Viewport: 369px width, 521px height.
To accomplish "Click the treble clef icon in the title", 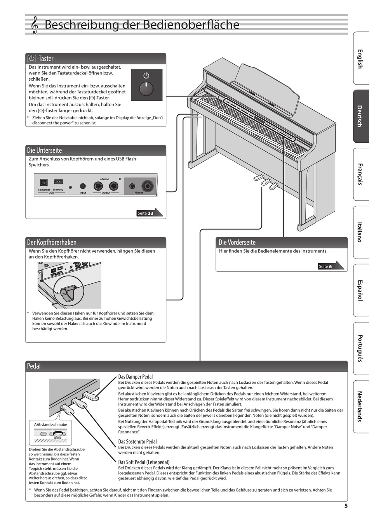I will pyautogui.click(x=35, y=25).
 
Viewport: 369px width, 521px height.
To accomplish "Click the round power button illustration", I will pyautogui.click(x=146, y=88).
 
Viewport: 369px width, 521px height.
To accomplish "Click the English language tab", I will pyautogui.click(x=360, y=59).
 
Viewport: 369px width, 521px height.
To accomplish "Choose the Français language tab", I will pyautogui.click(x=360, y=174).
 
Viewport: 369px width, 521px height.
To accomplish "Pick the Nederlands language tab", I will pyautogui.click(x=360, y=406).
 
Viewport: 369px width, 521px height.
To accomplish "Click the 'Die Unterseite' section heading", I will pyautogui.click(x=44, y=150).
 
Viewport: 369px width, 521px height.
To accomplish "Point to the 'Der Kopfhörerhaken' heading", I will pyautogui.click(x=52, y=242).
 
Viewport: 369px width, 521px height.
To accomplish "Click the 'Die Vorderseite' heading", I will pyautogui.click(x=237, y=242).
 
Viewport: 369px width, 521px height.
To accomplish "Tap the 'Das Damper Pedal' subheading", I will pyautogui.click(x=136, y=376).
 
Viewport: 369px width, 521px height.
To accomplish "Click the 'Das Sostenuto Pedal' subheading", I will pyautogui.click(x=138, y=441).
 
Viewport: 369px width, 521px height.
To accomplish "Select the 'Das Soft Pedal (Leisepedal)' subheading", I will pyautogui.click(x=144, y=462).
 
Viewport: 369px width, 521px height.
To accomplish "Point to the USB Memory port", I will pyautogui.click(x=58, y=182).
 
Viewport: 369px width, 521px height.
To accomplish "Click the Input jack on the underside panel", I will pyautogui.click(x=83, y=186).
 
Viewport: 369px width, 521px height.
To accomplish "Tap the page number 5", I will pyautogui.click(x=346, y=505).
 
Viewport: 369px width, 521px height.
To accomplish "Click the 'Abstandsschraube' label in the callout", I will pyautogui.click(x=50, y=424).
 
